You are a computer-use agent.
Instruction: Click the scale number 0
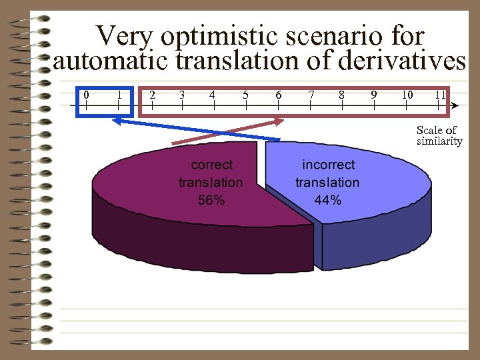pos(86,94)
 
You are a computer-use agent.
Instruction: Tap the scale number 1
pos(119,94)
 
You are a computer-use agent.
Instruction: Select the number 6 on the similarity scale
pos(278,94)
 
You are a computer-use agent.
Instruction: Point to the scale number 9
pos(374,94)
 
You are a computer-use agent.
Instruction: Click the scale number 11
pos(440,94)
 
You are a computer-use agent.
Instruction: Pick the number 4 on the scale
pos(212,94)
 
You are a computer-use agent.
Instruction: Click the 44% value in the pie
pos(327,199)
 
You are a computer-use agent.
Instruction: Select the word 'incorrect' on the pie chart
pos(328,165)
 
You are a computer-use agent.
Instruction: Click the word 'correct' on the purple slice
pos(212,165)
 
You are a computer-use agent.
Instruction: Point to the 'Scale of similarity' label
pos(438,135)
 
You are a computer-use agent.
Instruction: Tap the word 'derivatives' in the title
pos(402,61)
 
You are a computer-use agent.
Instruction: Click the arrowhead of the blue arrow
pos(115,121)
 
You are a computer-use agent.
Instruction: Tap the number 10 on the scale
pos(407,94)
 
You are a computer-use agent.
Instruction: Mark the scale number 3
pos(181,94)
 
